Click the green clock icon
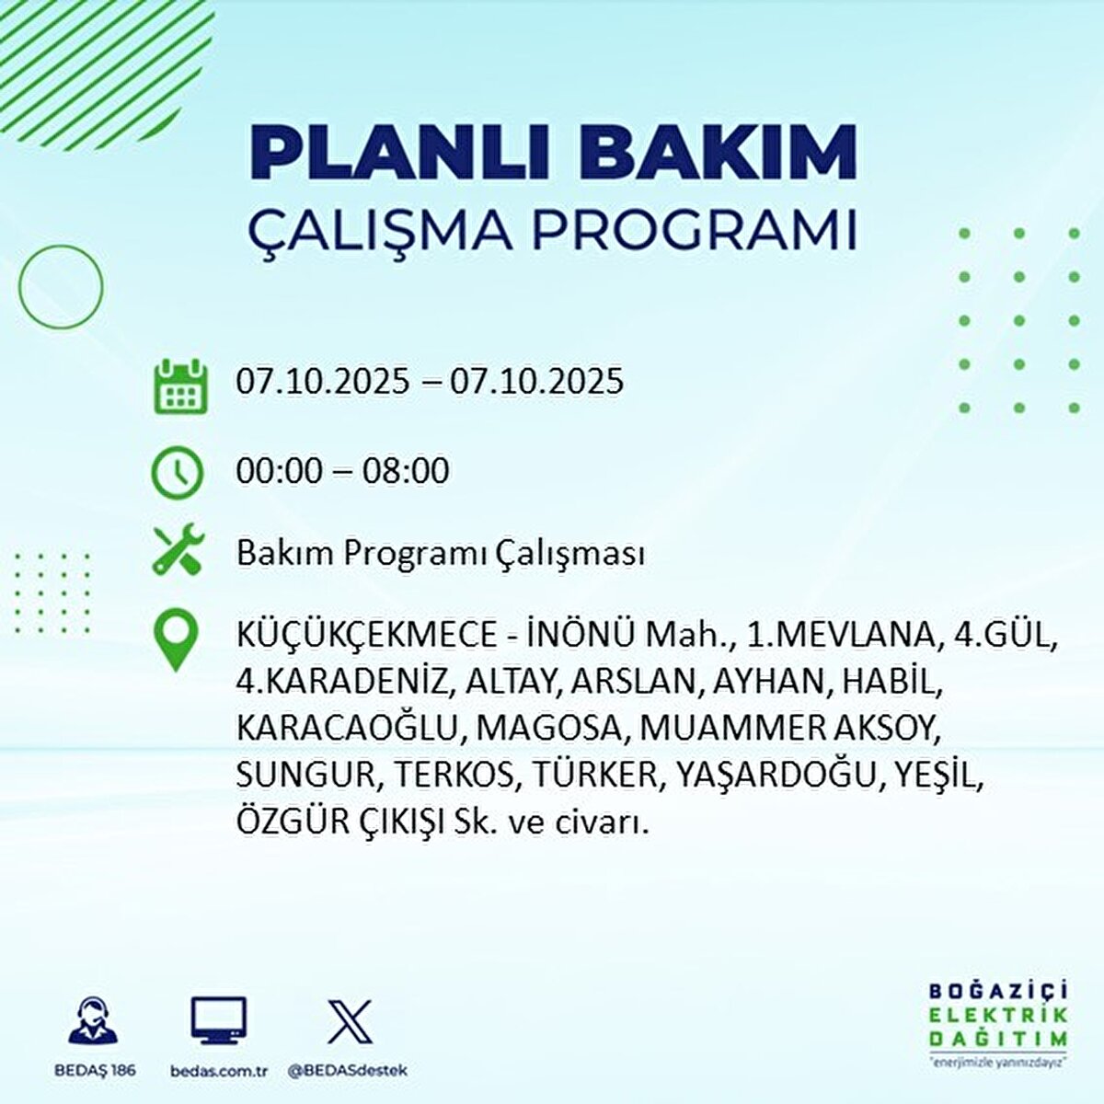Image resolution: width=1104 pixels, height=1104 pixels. (177, 473)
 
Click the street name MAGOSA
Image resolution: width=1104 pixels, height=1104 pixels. (549, 728)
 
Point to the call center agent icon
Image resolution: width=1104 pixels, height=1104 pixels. (95, 1022)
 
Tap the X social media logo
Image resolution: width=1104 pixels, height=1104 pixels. (350, 1021)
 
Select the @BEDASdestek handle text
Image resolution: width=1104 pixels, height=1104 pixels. (347, 1071)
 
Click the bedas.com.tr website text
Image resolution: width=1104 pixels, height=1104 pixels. (218, 1071)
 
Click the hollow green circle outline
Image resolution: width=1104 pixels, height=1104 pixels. (62, 287)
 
